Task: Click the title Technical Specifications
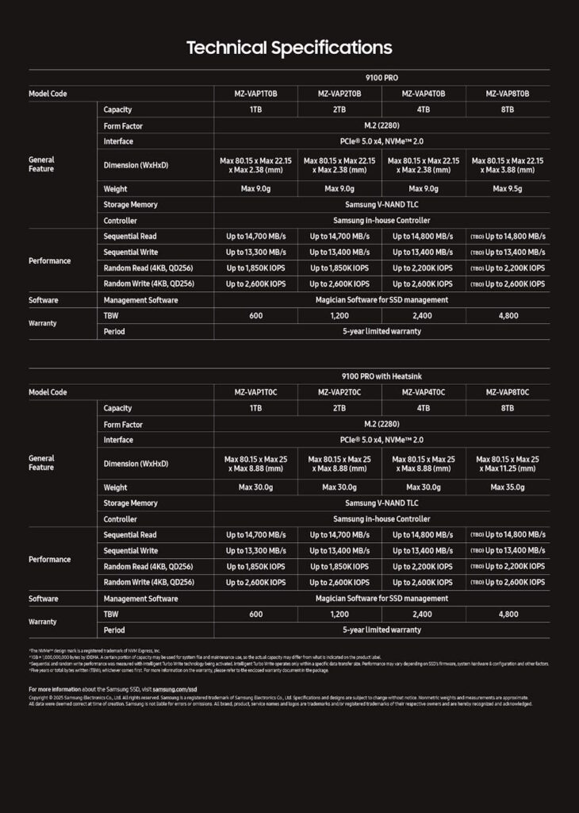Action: coord(289,48)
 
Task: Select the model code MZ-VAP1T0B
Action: coord(255,94)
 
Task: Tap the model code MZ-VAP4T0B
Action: coord(424,94)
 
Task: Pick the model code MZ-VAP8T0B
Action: coord(508,94)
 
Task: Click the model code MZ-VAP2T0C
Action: coord(339,392)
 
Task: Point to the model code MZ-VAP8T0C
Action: coord(508,392)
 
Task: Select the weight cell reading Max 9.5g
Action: coord(508,189)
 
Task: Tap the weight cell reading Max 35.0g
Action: coord(508,487)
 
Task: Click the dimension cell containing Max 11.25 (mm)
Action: coord(508,464)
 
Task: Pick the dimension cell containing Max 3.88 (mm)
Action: coord(508,165)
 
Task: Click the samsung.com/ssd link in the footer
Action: coord(174,689)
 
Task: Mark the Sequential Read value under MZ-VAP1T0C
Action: coord(255,535)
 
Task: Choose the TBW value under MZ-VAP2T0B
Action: coord(339,316)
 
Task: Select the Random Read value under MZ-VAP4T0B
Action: coord(424,268)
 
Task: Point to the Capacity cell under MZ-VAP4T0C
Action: coord(424,408)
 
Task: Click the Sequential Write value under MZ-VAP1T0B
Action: coord(255,252)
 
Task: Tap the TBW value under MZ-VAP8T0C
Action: coord(508,615)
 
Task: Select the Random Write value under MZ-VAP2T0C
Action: coord(339,583)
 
